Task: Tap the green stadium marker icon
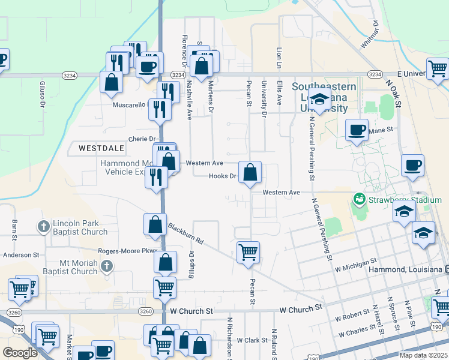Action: [x=360, y=198]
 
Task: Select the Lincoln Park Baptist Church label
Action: [x=80, y=227]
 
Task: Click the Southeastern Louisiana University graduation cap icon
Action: [x=321, y=100]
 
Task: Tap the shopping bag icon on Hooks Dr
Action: [x=250, y=173]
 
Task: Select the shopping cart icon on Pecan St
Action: [x=248, y=252]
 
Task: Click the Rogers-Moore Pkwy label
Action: [x=127, y=251]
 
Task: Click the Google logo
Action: [x=20, y=353]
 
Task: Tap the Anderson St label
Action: [x=20, y=255]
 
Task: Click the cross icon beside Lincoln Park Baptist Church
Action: [x=43, y=227]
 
